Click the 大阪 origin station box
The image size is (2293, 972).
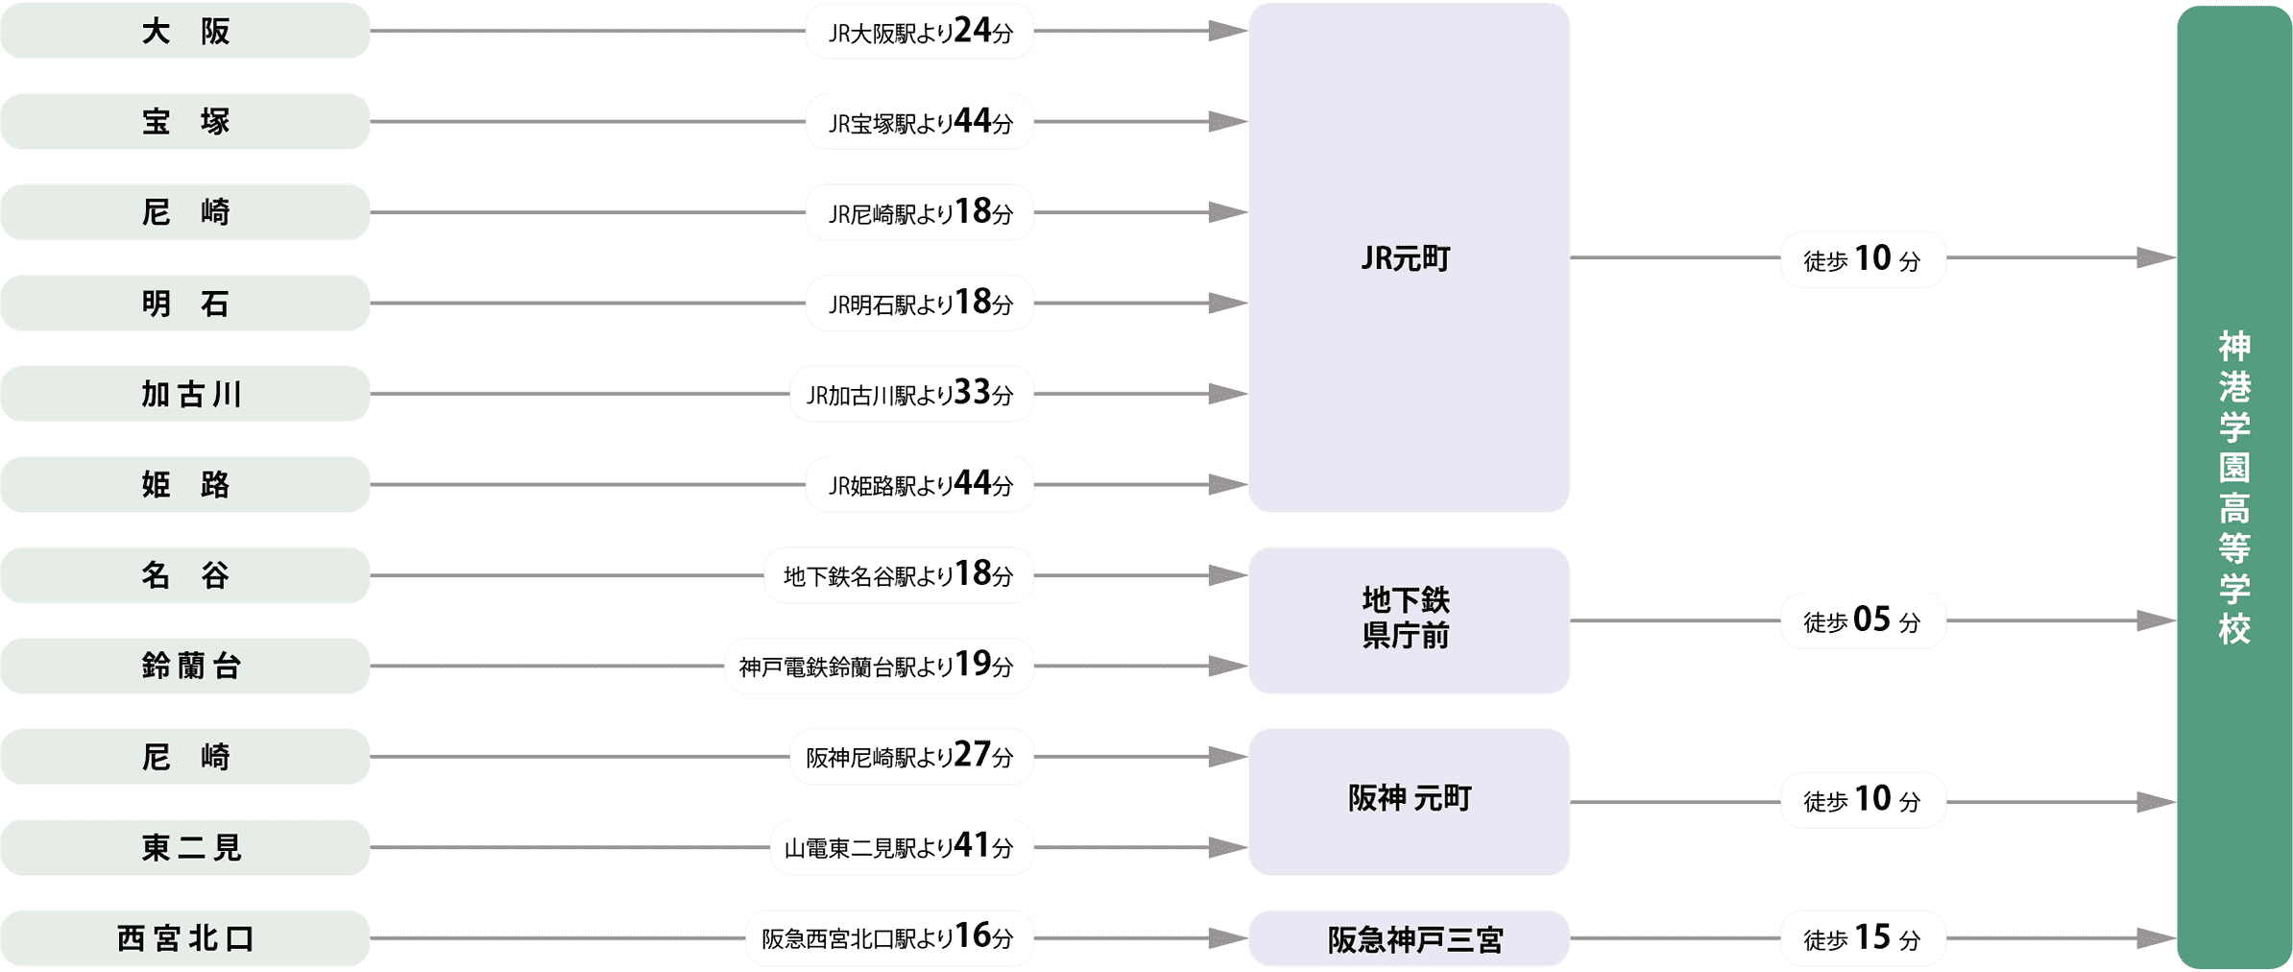[185, 31]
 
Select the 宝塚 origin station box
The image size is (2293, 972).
[185, 122]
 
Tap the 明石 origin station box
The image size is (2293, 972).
[185, 304]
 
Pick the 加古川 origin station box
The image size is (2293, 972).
[185, 394]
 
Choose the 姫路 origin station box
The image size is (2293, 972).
[185, 485]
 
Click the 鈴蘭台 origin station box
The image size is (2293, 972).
[185, 666]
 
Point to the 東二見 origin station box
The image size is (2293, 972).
[185, 847]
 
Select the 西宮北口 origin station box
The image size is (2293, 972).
[185, 937]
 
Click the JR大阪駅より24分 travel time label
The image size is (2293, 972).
[920, 32]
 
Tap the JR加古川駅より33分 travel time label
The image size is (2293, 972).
[911, 394]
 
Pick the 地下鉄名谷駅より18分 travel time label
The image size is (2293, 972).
[899, 575]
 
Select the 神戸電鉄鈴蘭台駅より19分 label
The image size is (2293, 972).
[879, 666]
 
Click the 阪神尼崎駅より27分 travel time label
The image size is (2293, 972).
[911, 757]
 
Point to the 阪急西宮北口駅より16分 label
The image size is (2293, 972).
[889, 937]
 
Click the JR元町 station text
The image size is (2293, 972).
[1406, 258]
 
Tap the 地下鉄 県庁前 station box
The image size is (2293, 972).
[1409, 620]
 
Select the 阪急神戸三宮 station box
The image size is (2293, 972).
[1409, 938]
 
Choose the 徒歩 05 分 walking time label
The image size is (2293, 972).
[1863, 620]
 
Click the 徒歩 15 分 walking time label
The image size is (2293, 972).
[1863, 938]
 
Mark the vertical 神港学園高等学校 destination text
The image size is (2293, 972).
[2234, 487]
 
